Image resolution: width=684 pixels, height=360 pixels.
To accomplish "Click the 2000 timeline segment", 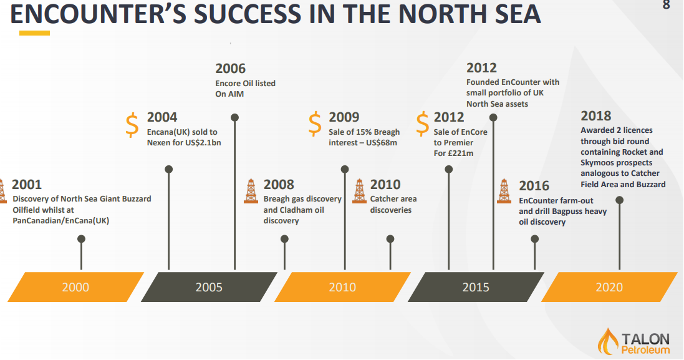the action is point(76,287).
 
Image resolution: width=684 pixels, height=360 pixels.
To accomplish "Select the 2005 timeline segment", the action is point(209,287).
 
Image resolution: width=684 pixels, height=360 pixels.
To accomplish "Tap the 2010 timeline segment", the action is point(342,287).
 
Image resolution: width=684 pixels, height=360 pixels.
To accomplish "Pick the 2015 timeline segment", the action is point(476,287).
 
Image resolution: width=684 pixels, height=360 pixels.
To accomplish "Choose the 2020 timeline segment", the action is point(609,287).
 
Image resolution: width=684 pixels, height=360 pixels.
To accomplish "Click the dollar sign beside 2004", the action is point(132,125).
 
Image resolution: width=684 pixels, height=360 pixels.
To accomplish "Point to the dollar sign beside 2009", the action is point(314,124).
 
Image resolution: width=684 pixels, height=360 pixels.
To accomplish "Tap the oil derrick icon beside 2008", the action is point(251,191).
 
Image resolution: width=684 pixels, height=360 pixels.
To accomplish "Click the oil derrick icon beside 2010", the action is point(359,191).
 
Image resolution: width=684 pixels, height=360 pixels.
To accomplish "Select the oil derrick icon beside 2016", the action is point(504,191).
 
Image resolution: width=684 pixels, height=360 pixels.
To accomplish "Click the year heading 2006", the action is point(230,69).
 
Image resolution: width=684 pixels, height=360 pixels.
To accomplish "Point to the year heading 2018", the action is point(596,116).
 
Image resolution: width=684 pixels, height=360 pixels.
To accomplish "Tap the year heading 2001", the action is point(27,185).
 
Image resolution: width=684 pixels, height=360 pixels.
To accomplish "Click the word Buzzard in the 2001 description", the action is point(135,199).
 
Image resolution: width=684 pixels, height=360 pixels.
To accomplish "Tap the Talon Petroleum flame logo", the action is point(608,341).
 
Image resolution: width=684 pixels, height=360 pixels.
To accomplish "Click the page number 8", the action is point(666,5).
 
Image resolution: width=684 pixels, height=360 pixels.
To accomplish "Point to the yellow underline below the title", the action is point(34,33).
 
